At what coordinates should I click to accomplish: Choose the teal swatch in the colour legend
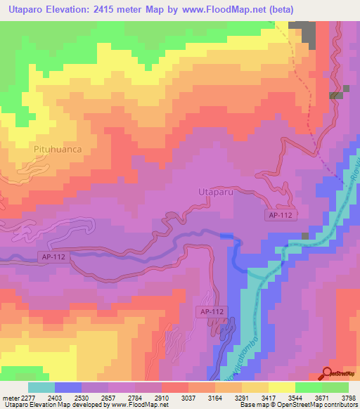click(x=41, y=387)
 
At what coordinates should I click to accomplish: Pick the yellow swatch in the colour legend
click(x=281, y=387)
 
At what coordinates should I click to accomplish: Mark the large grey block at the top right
click(x=302, y=32)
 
